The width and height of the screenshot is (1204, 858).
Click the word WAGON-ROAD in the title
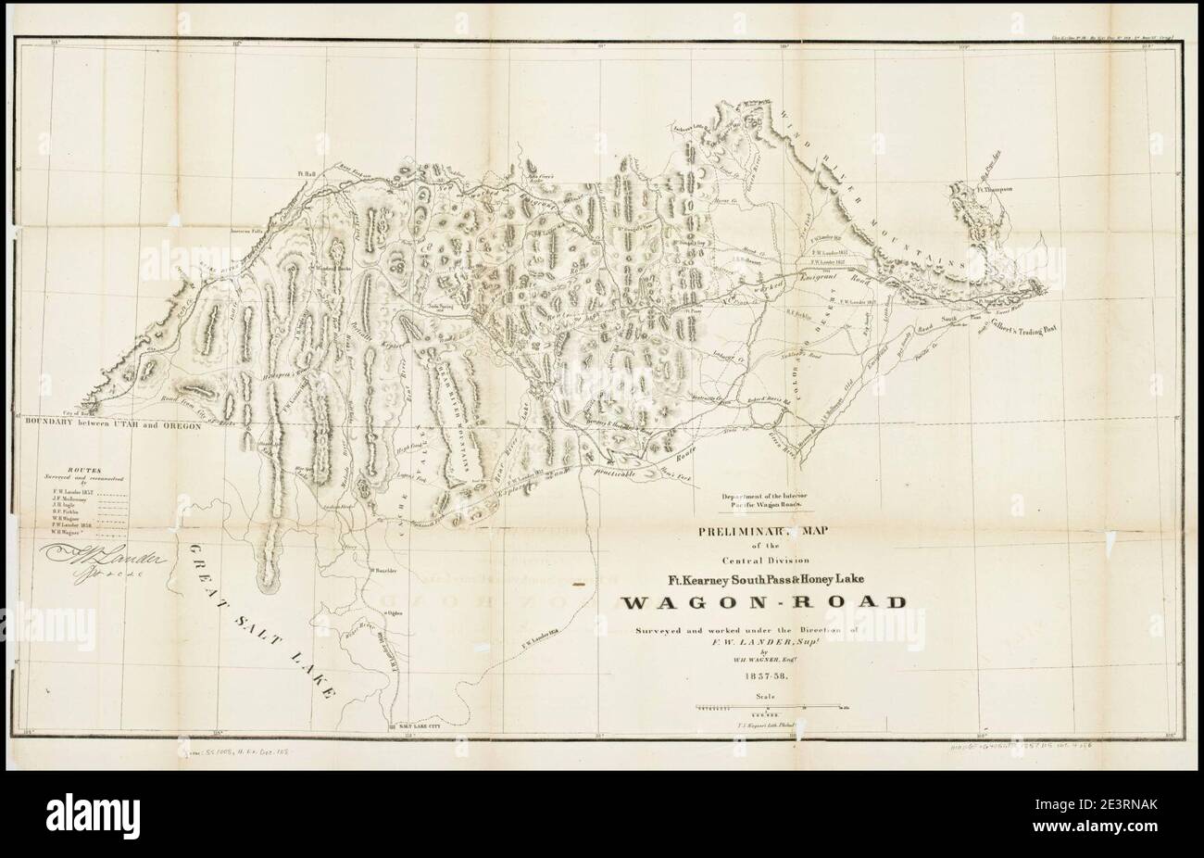click(763, 603)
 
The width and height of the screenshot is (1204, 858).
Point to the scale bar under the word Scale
click(764, 707)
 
